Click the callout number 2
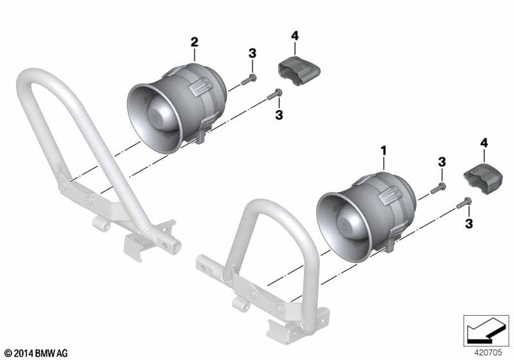pos(195,42)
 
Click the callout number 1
pos(384,151)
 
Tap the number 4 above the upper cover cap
pos(295,36)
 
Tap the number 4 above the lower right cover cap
pos(484,143)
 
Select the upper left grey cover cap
pos(299,71)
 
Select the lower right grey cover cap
pos(483,178)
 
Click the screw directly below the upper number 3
pos(249,79)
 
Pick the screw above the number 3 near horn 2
pos(275,94)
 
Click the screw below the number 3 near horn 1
pos(438,188)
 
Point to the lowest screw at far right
pos(464,203)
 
